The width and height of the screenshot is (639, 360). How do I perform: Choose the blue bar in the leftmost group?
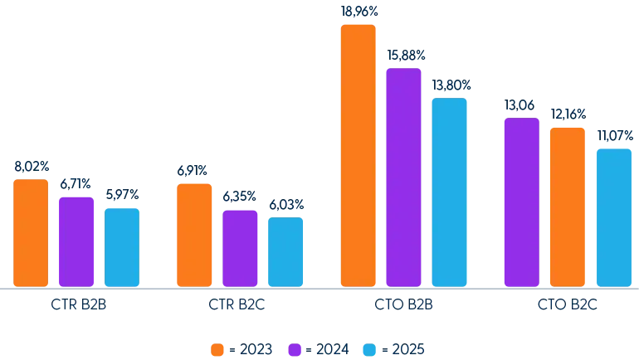(x=121, y=246)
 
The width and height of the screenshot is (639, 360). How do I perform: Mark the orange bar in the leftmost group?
(x=32, y=233)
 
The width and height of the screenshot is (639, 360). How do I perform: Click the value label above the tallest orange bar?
(x=358, y=12)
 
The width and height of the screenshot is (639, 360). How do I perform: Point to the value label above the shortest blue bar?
(x=285, y=204)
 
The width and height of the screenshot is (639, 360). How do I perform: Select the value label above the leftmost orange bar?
(x=32, y=167)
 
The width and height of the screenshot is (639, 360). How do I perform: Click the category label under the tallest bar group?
(x=404, y=305)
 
